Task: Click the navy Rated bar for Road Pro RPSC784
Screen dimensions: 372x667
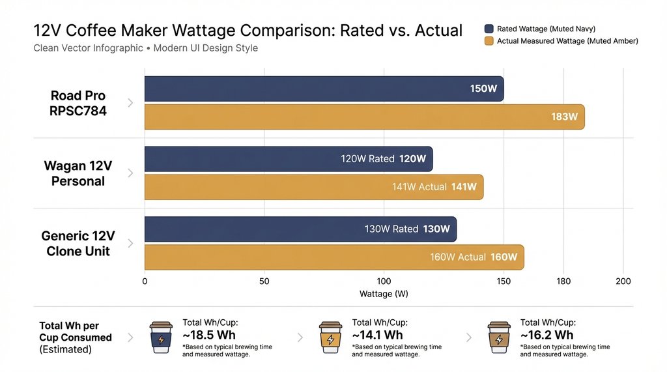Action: click(x=324, y=89)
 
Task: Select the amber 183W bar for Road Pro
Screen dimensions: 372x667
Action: click(x=364, y=117)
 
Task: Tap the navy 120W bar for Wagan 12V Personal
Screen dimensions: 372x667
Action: click(x=288, y=159)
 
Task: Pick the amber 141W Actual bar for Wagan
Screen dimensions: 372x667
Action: click(x=313, y=187)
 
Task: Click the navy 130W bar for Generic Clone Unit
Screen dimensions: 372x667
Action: click(x=300, y=229)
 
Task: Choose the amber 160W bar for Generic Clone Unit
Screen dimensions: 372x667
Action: click(x=333, y=257)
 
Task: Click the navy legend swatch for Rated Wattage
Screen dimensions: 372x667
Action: click(x=489, y=29)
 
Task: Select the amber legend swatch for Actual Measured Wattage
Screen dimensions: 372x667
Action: click(x=489, y=41)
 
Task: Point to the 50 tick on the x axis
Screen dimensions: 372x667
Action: click(x=264, y=281)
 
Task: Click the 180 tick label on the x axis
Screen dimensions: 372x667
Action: click(x=563, y=281)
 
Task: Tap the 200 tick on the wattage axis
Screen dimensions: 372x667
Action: click(x=623, y=281)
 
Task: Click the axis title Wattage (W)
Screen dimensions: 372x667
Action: click(x=384, y=294)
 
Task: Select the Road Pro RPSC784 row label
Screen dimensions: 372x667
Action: click(x=78, y=103)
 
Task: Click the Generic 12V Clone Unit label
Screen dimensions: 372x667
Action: click(x=78, y=244)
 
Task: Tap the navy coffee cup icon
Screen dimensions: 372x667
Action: click(x=161, y=337)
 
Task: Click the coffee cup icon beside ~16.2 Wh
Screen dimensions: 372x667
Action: click(x=499, y=337)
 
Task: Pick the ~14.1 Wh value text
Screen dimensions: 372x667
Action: click(x=377, y=335)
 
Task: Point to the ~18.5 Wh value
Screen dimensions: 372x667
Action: click(x=209, y=335)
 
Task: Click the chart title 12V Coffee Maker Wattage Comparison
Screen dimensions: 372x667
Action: click(x=248, y=30)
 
